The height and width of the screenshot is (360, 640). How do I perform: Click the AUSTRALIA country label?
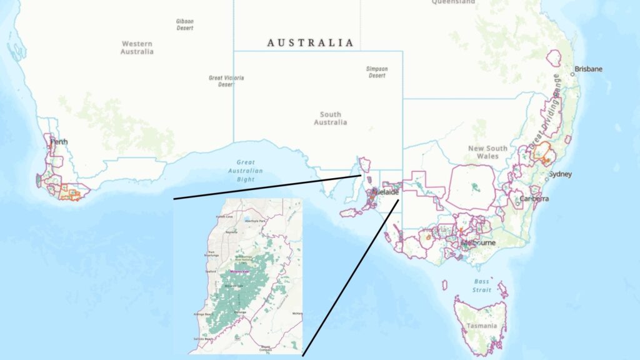pyautogui.click(x=310, y=43)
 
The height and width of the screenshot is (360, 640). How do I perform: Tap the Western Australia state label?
pyautogui.click(x=137, y=47)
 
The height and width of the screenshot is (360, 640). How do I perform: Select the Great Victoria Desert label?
pyautogui.click(x=226, y=81)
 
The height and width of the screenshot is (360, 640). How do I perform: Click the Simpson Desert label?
pyautogui.click(x=377, y=72)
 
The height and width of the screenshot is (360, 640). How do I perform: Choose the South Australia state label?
pyautogui.click(x=330, y=118)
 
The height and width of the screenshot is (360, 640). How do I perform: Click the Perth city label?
pyautogui.click(x=59, y=141)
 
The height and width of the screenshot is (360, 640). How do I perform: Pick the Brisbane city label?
pyautogui.click(x=589, y=69)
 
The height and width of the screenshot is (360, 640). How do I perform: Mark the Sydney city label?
pyautogui.click(x=560, y=174)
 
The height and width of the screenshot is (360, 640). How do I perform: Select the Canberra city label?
pyautogui.click(x=534, y=199)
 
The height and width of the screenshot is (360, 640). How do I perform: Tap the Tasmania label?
pyautogui.click(x=481, y=326)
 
